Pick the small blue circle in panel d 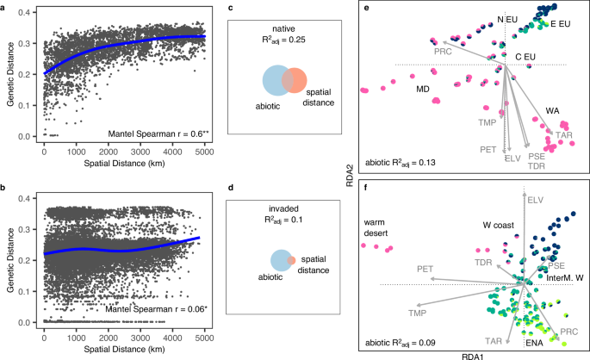coord(279,260)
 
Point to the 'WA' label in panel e coord(552,109)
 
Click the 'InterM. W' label coord(564,277)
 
